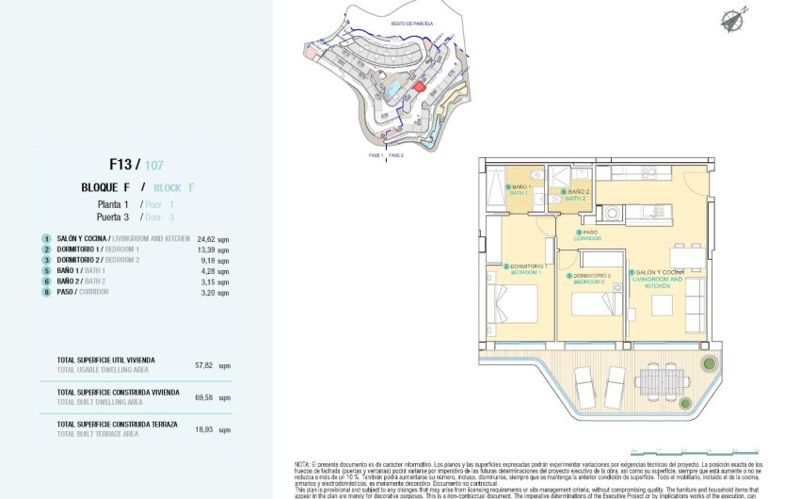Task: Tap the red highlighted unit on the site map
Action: [420, 86]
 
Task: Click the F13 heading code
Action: [122, 165]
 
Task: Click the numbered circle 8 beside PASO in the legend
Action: [45, 292]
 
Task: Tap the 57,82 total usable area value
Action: [204, 364]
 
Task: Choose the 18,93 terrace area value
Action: [204, 428]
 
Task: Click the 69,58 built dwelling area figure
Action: [204, 397]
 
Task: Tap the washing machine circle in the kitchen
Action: [613, 214]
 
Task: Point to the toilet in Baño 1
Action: [535, 175]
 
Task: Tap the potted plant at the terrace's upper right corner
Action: [709, 363]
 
